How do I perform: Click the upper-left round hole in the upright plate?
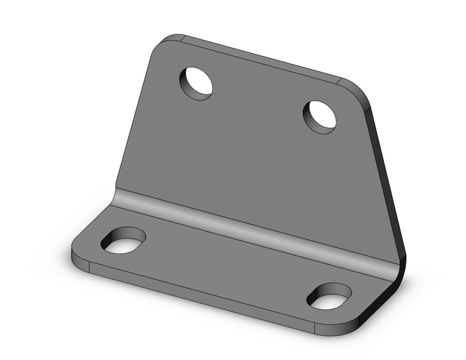196,83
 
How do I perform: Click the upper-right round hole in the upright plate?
320,116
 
